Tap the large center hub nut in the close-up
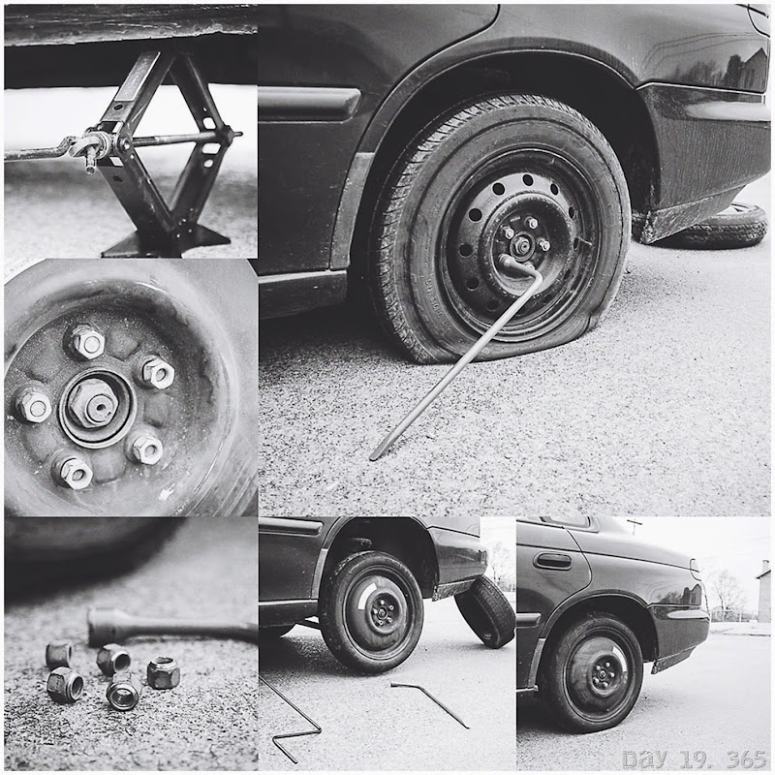point(93,403)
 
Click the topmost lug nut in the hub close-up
point(87,341)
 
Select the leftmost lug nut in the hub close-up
point(34,405)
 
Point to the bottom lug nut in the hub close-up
point(75,473)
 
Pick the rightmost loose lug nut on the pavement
point(164,672)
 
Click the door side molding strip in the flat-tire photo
point(309,103)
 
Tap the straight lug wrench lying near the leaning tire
point(429,704)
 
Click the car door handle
point(552,561)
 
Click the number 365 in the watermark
point(746,759)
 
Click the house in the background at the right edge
point(763,591)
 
